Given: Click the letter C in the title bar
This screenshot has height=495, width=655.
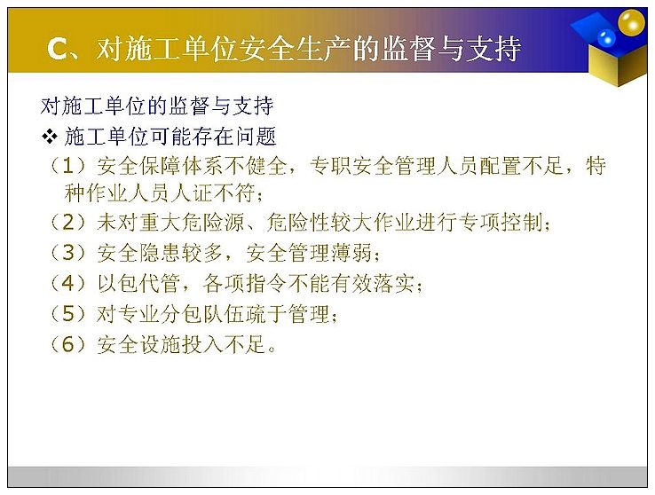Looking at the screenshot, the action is (x=58, y=50).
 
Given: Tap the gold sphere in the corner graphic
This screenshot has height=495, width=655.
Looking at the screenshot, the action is (x=631, y=22).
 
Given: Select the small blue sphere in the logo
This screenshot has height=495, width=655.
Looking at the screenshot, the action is (x=606, y=38).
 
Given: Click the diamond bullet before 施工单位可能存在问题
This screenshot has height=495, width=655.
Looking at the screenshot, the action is (x=50, y=137).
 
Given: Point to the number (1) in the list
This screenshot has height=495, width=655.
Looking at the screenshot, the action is (x=67, y=166).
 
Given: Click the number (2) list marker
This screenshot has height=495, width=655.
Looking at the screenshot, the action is (x=67, y=222).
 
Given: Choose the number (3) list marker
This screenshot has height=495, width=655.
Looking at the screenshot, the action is (x=67, y=253).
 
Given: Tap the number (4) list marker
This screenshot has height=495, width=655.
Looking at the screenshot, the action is (x=67, y=283).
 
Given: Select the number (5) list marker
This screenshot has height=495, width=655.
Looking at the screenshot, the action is (x=67, y=314).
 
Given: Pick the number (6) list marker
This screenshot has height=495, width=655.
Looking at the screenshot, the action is (x=67, y=345).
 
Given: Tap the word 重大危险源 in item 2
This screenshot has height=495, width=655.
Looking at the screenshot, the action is (x=170, y=222).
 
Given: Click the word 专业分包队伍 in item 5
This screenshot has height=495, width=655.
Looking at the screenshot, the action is (x=181, y=314).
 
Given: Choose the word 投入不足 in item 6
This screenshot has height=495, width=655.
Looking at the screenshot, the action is (x=224, y=345).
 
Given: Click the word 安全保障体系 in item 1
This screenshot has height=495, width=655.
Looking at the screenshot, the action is (x=160, y=166).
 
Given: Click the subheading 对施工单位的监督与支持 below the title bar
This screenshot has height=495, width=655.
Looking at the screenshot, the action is (x=157, y=106).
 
